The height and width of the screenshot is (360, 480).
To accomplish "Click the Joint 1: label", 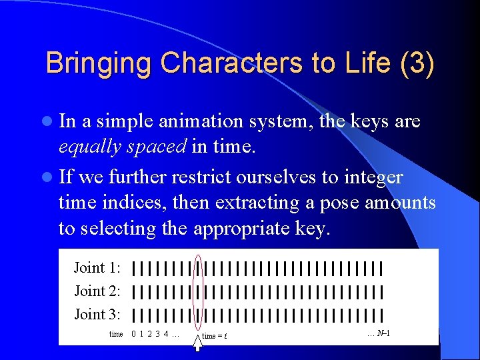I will (97, 268).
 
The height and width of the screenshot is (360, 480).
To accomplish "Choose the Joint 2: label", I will (97, 291).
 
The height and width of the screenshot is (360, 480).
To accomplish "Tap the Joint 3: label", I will (97, 314).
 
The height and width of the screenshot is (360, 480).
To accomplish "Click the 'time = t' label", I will (215, 336).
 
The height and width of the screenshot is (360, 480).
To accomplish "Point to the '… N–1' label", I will (378, 333).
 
